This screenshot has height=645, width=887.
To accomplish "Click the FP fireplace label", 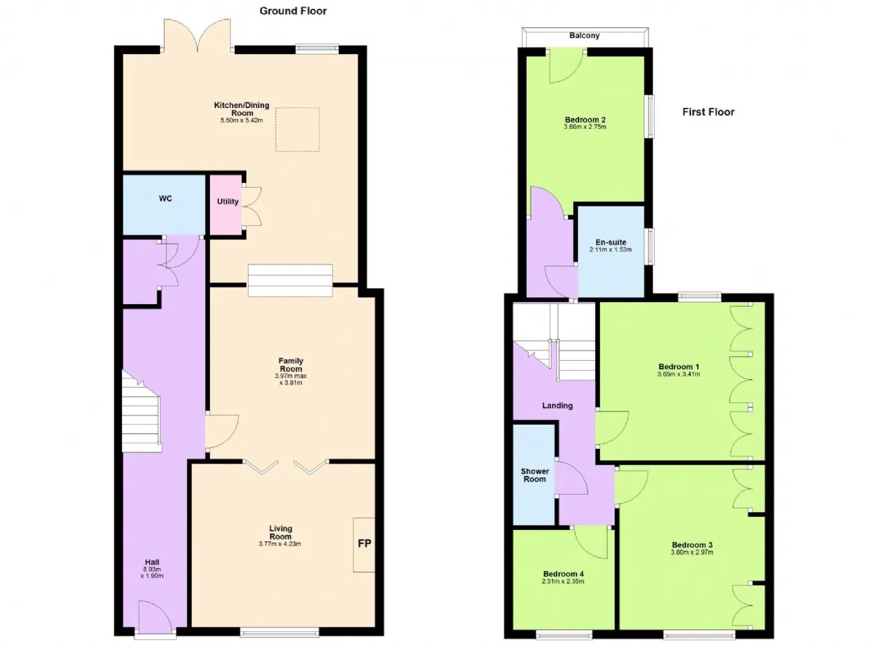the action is pyautogui.click(x=365, y=543).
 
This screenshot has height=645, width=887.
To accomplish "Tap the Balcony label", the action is pyautogui.click(x=584, y=35).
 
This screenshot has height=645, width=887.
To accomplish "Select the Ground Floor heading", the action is pyautogui.click(x=293, y=11).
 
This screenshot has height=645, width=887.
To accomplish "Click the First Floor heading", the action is pyautogui.click(x=708, y=112).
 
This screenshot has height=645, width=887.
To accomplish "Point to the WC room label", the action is pyautogui.click(x=166, y=199).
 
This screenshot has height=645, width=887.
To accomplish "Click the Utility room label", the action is pyautogui.click(x=228, y=202).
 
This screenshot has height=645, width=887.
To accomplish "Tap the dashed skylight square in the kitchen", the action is pyautogui.click(x=297, y=130).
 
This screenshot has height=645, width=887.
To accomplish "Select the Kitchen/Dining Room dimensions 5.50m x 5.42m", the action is pyautogui.click(x=242, y=121).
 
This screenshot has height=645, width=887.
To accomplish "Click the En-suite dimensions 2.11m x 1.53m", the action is pyautogui.click(x=611, y=249).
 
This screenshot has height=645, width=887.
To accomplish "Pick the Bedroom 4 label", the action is pyautogui.click(x=563, y=574).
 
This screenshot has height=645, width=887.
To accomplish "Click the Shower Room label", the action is pyautogui.click(x=534, y=475).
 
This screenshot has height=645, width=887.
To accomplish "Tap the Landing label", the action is pyautogui.click(x=558, y=405).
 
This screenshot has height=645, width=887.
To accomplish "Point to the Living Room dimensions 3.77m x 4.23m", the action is pyautogui.click(x=280, y=544).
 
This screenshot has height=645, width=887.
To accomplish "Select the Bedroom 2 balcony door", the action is pyautogui.click(x=565, y=67).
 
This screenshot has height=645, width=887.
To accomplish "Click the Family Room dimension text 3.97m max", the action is pyautogui.click(x=290, y=375).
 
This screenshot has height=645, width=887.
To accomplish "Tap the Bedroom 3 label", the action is pyautogui.click(x=692, y=545).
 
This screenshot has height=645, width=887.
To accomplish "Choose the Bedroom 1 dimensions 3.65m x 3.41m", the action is pyautogui.click(x=678, y=374).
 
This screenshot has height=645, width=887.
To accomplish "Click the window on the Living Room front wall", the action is pyautogui.click(x=279, y=633).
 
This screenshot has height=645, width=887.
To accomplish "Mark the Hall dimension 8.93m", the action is pyautogui.click(x=152, y=569).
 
